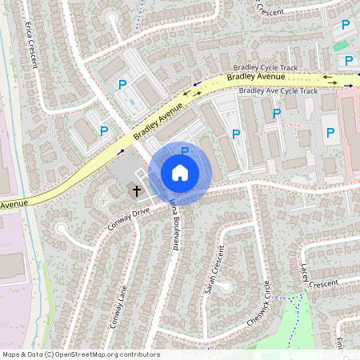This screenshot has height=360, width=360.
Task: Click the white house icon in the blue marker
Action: [x=180, y=172]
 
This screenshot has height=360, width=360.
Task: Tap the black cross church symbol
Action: [x=137, y=191]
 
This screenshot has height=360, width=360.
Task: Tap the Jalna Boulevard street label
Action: [x=173, y=226]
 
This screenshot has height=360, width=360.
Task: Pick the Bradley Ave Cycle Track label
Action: [x=273, y=91]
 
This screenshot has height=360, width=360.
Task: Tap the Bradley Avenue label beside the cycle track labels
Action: [x=255, y=78]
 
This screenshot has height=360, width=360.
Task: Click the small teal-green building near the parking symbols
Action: [x=341, y=46]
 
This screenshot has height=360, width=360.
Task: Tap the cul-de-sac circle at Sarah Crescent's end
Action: [x=224, y=286]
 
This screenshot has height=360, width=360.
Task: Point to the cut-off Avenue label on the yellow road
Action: [x=14, y=204]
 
